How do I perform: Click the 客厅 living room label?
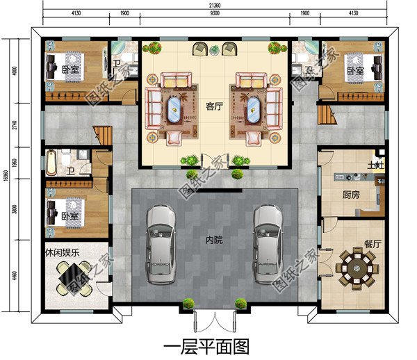[213, 106]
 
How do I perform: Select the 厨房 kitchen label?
[350, 195]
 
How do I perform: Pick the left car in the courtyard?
[161, 242]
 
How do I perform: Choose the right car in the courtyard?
[267, 242]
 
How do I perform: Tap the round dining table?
[355, 268]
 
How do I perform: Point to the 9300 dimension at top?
[215, 14]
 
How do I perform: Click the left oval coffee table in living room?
[174, 108]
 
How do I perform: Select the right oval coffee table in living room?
[254, 108]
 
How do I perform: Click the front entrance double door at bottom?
[214, 321]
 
